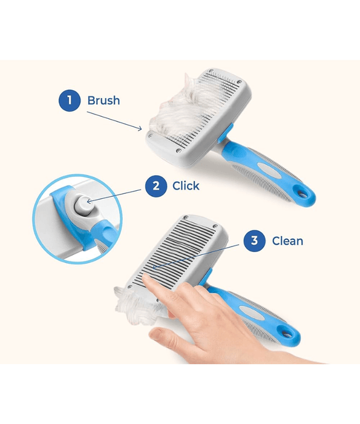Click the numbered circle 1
pos(70,101)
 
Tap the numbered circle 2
pos(156,186)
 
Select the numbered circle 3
pos(254,240)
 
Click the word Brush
pos(103,101)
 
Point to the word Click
pos(186,186)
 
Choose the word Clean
pos(287,241)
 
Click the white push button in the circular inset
pos(83,205)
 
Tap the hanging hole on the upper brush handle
pos(303,194)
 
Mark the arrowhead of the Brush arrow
pos(140,128)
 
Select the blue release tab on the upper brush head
pos(226,133)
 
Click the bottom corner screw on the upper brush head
pos(178,151)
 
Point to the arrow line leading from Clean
pos(196,256)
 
